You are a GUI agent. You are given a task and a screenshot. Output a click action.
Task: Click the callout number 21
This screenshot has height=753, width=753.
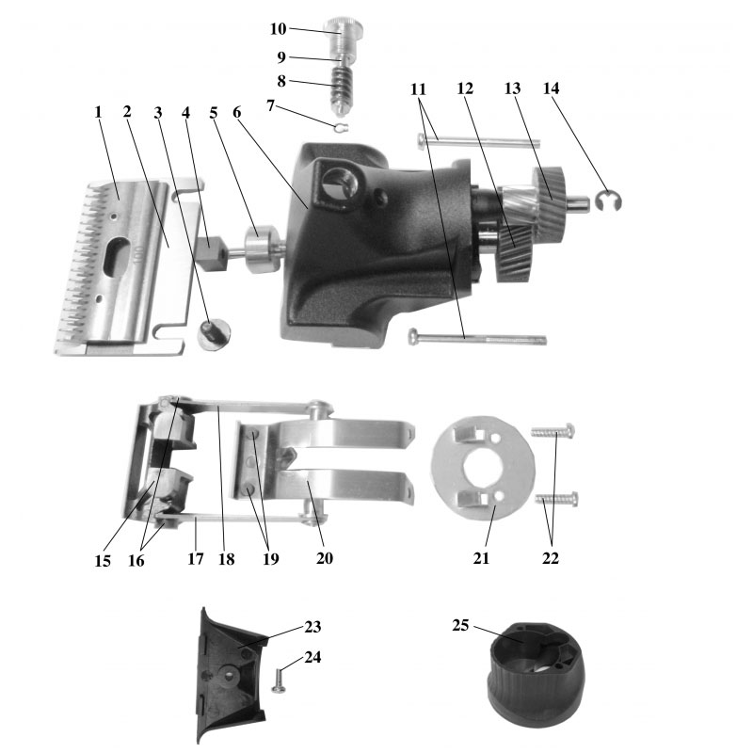(482, 558)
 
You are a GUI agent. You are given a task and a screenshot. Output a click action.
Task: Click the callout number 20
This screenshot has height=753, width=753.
(323, 558)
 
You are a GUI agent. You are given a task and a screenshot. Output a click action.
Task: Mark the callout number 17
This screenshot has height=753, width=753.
(195, 558)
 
